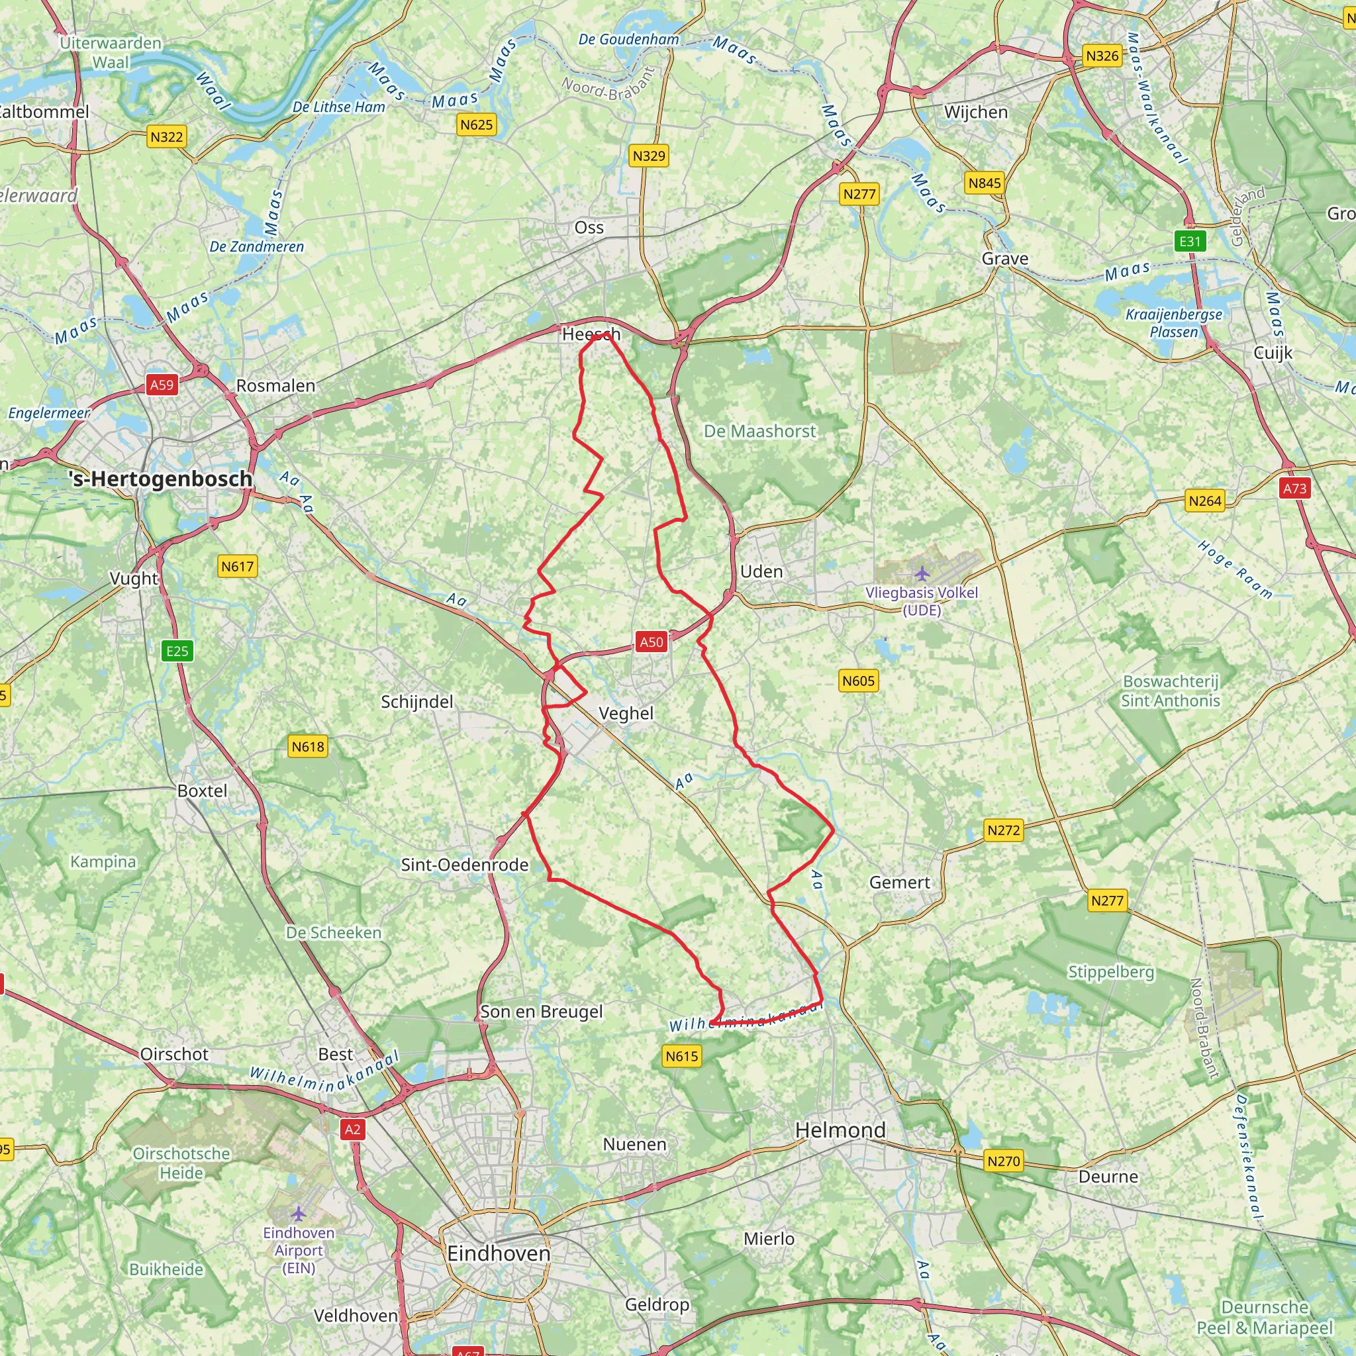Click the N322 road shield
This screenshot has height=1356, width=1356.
click(x=166, y=137)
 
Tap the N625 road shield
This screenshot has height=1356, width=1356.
click(x=477, y=125)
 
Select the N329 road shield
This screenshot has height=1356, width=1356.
click(x=648, y=156)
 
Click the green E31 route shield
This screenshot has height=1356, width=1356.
click(x=1190, y=242)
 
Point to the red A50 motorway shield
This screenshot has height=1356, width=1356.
click(x=652, y=642)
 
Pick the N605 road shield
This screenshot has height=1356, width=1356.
click(x=858, y=680)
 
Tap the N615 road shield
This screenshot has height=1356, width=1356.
click(x=682, y=1056)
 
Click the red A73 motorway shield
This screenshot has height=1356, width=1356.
click(x=1295, y=489)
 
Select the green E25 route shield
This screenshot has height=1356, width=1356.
click(x=177, y=651)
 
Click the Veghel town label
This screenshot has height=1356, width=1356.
click(x=626, y=713)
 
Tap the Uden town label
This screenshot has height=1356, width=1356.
click(x=761, y=571)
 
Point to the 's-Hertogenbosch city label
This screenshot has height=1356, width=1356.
click(x=161, y=479)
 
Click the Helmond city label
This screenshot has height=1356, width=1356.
click(x=840, y=1130)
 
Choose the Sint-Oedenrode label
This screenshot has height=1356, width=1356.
click(x=465, y=865)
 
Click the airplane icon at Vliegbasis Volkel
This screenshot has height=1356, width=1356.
click(x=922, y=573)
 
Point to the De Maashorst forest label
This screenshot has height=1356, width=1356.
click(x=760, y=431)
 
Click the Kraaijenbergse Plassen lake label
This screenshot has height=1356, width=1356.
click(x=1173, y=323)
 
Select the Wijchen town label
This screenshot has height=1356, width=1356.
click(x=975, y=113)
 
